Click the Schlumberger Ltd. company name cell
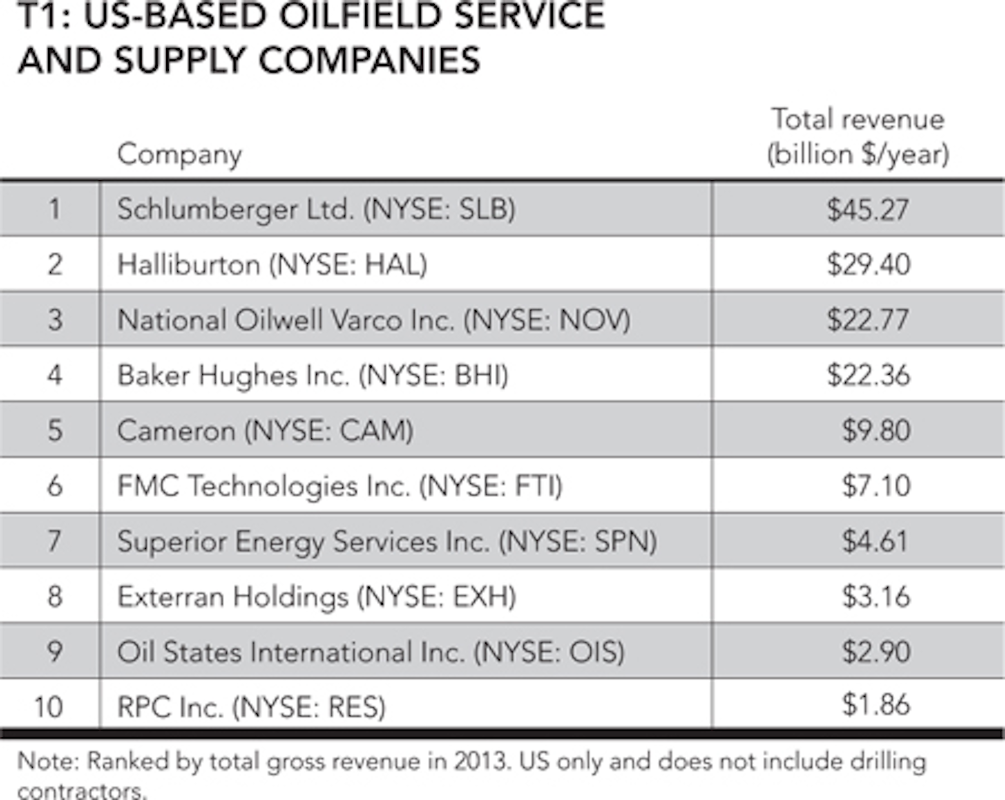point(316,209)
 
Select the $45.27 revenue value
point(868,209)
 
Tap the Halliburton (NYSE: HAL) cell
point(272,265)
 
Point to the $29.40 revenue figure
point(868,265)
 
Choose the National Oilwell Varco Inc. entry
point(373,320)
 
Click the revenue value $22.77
point(868,320)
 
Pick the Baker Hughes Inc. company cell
point(313,375)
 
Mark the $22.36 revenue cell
point(868,375)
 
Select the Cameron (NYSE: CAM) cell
point(265,430)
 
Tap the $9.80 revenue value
point(876,430)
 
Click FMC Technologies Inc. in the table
point(340,485)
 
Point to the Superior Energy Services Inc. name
point(387,541)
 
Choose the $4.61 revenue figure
point(875,541)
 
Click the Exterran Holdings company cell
point(317,596)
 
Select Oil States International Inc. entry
point(371,651)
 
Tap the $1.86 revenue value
point(876,704)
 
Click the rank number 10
point(48,706)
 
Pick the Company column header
point(179,154)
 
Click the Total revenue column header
point(858,136)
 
